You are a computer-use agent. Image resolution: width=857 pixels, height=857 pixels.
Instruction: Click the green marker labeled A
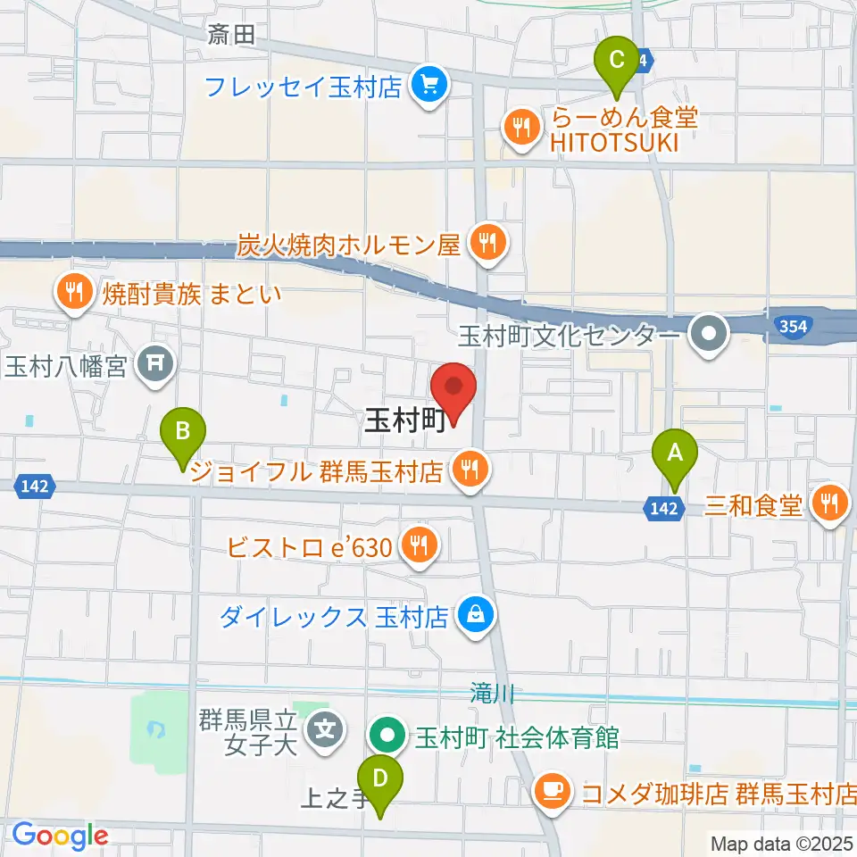click(x=676, y=454)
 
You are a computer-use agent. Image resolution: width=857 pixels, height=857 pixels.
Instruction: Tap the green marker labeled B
click(x=182, y=435)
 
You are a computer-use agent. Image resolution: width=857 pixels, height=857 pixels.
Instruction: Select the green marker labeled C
click(x=617, y=63)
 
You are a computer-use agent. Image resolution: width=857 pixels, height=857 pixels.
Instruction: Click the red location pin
click(x=453, y=391)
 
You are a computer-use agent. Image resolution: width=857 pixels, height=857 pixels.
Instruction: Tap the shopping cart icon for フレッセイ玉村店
click(x=429, y=87)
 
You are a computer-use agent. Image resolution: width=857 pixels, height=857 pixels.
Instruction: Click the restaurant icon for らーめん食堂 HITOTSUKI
click(x=521, y=126)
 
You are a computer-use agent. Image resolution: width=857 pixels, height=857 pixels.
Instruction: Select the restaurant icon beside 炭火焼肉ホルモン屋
click(x=487, y=241)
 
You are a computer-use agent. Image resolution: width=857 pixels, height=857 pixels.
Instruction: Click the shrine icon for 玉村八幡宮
click(x=155, y=363)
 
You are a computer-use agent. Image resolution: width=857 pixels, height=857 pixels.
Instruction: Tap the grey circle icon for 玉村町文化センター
click(x=711, y=336)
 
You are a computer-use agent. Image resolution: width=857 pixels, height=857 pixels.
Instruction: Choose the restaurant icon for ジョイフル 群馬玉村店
click(x=469, y=470)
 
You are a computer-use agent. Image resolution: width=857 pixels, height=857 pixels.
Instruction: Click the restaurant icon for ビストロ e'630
click(x=417, y=545)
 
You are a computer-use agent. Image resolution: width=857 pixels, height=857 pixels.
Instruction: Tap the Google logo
click(x=59, y=836)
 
